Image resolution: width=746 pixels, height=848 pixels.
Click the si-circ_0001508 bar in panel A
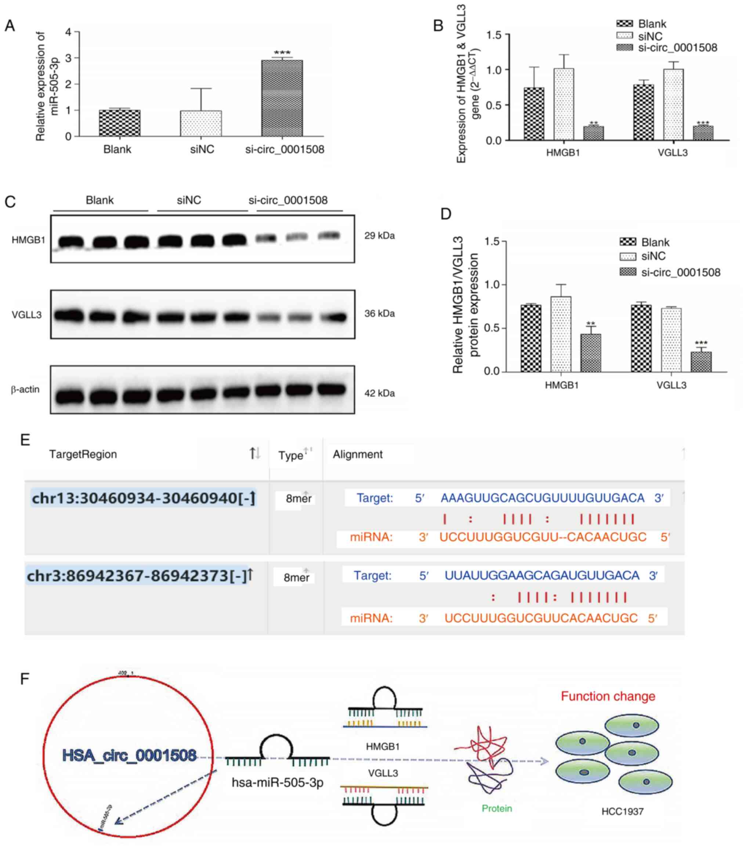click(x=282, y=98)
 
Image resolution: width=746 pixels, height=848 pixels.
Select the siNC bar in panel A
click(x=201, y=123)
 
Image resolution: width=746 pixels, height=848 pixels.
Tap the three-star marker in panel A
click(x=282, y=53)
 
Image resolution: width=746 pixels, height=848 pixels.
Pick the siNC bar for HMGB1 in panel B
click(x=564, y=104)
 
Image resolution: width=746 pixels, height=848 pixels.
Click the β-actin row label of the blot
click(x=26, y=389)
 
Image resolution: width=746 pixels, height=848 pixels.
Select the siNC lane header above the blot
click(x=189, y=200)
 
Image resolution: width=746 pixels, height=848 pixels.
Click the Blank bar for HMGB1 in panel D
click(x=531, y=338)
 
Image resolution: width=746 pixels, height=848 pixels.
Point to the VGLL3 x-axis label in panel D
click(x=671, y=385)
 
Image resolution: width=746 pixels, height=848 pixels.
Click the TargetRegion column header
click(x=83, y=454)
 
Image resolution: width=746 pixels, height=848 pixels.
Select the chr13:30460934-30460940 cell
click(x=144, y=498)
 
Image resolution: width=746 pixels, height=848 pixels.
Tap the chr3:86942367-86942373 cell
click(x=137, y=576)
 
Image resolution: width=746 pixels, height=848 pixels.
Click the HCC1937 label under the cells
click(x=622, y=811)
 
